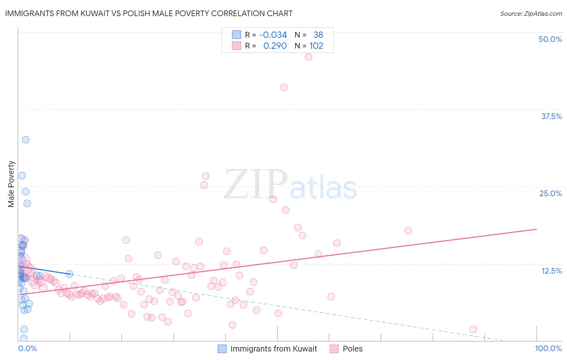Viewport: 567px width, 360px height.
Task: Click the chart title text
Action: [x=149, y=13]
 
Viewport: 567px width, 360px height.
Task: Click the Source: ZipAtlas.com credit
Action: [x=531, y=13]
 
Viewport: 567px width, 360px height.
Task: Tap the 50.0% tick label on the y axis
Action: [x=550, y=39]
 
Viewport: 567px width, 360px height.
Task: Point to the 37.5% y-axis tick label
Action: [x=551, y=116]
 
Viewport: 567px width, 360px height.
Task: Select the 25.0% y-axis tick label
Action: [x=550, y=193]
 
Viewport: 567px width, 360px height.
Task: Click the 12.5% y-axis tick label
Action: [x=551, y=271]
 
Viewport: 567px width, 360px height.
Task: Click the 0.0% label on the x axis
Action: [x=27, y=348]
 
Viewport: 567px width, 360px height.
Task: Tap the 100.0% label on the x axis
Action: [x=548, y=348]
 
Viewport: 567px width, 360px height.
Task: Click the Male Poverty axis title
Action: [x=11, y=184]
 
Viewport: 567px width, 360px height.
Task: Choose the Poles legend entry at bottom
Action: [x=352, y=349]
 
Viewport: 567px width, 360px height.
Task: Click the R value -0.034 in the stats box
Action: [x=273, y=35]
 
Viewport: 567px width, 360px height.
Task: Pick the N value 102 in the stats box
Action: [x=316, y=46]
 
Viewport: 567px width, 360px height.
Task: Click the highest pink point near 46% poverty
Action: [x=309, y=57]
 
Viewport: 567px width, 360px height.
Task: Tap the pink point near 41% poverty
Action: [x=284, y=87]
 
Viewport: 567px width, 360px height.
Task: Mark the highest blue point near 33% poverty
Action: [x=26, y=140]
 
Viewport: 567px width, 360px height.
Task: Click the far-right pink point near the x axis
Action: [x=473, y=329]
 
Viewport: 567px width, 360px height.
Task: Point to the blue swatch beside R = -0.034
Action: [x=236, y=35]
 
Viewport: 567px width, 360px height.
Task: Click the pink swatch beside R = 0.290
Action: [x=236, y=46]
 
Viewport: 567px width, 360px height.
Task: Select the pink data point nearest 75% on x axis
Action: [x=408, y=230]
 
